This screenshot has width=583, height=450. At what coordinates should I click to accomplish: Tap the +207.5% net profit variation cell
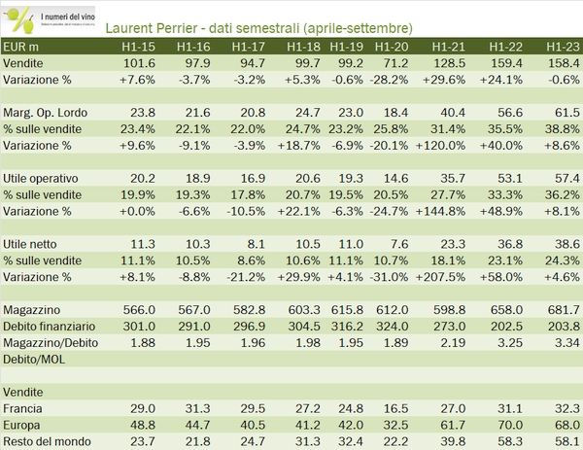point(446,277)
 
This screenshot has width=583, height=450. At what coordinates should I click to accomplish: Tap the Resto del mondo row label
point(49,443)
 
